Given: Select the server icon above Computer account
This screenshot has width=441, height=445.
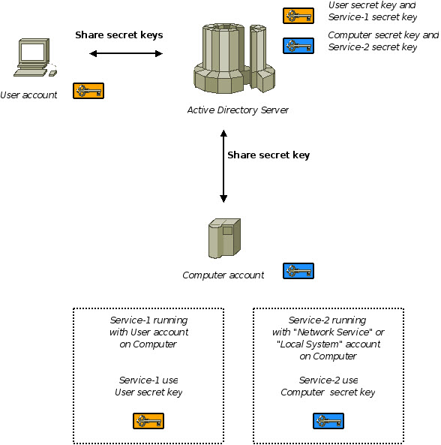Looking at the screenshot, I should [x=223, y=238].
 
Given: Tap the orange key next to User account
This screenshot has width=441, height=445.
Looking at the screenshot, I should [x=88, y=91].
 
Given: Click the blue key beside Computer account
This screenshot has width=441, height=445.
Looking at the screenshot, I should [x=298, y=271].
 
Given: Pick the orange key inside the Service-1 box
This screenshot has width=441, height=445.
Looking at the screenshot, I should [x=148, y=420].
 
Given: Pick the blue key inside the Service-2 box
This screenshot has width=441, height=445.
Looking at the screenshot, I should [x=328, y=420].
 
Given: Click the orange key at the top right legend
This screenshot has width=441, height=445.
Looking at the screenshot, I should [x=298, y=16].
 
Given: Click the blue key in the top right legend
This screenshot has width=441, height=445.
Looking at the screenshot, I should [x=298, y=46].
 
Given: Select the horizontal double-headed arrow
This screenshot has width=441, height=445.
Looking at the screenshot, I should [x=126, y=53].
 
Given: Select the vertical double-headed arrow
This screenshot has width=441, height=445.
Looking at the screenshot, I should [x=223, y=166].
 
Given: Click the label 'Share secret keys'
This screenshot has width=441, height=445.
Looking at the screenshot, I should [x=118, y=35].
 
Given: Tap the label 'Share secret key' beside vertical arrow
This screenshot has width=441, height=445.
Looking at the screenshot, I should [x=268, y=155].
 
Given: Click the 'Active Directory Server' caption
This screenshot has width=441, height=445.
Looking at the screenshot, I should [x=238, y=110].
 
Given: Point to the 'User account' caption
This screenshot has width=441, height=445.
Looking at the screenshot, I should [x=28, y=95].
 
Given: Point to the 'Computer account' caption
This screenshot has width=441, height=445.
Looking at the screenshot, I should [x=223, y=275].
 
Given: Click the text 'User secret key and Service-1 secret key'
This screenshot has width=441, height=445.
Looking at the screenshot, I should [x=373, y=11].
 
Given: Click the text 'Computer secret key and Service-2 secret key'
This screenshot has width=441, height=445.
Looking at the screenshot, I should [x=383, y=41].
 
